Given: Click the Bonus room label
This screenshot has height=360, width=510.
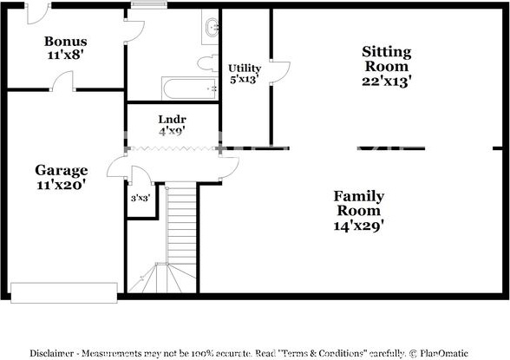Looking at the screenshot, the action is click(x=66, y=42).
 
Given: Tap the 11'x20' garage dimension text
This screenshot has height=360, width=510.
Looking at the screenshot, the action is click(x=61, y=185).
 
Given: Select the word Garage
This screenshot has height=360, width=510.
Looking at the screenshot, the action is click(x=61, y=170).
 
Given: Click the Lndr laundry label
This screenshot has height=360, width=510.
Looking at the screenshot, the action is click(x=172, y=120).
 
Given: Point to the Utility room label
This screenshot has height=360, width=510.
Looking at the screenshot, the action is click(x=245, y=69).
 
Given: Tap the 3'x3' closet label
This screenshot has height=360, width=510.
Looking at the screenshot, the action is click(x=141, y=198).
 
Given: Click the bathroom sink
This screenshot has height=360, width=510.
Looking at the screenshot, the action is click(x=212, y=28).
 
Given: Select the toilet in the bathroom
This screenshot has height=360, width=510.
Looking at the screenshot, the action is click(x=208, y=63).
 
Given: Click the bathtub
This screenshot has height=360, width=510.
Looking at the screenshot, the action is click(x=189, y=88).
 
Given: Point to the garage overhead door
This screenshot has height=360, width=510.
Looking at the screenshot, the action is click(x=64, y=293).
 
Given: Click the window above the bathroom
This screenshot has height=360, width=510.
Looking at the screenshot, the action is click(x=149, y=4).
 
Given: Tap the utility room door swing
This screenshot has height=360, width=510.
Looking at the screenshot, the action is click(x=280, y=72).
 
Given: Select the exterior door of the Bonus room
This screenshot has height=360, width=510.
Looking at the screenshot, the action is click(x=38, y=14).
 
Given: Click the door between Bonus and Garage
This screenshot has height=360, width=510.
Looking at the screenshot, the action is click(x=62, y=81).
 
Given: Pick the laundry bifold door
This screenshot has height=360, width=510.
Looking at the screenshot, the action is click(x=173, y=148).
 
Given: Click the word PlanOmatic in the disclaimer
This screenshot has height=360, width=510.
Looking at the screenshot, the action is click(x=444, y=353).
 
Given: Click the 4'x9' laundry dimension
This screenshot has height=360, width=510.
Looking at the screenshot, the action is click(x=172, y=131).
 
